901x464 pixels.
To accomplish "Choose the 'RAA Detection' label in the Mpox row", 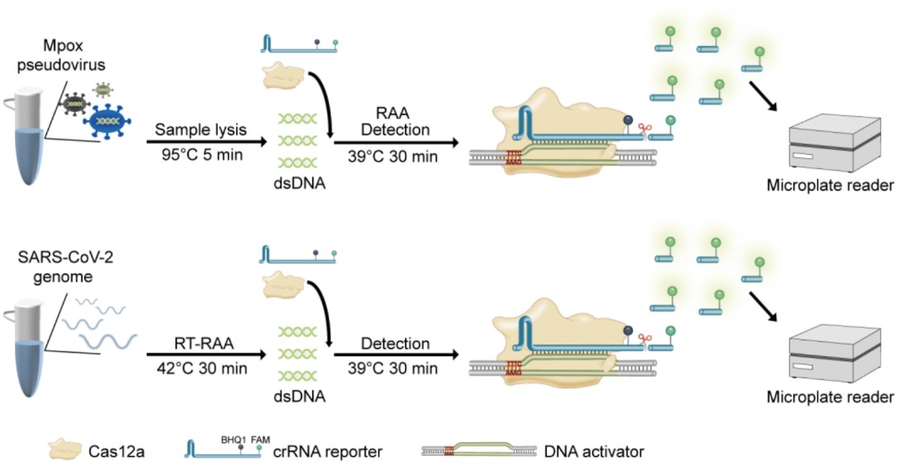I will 396,120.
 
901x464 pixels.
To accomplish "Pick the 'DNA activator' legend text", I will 594,452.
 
